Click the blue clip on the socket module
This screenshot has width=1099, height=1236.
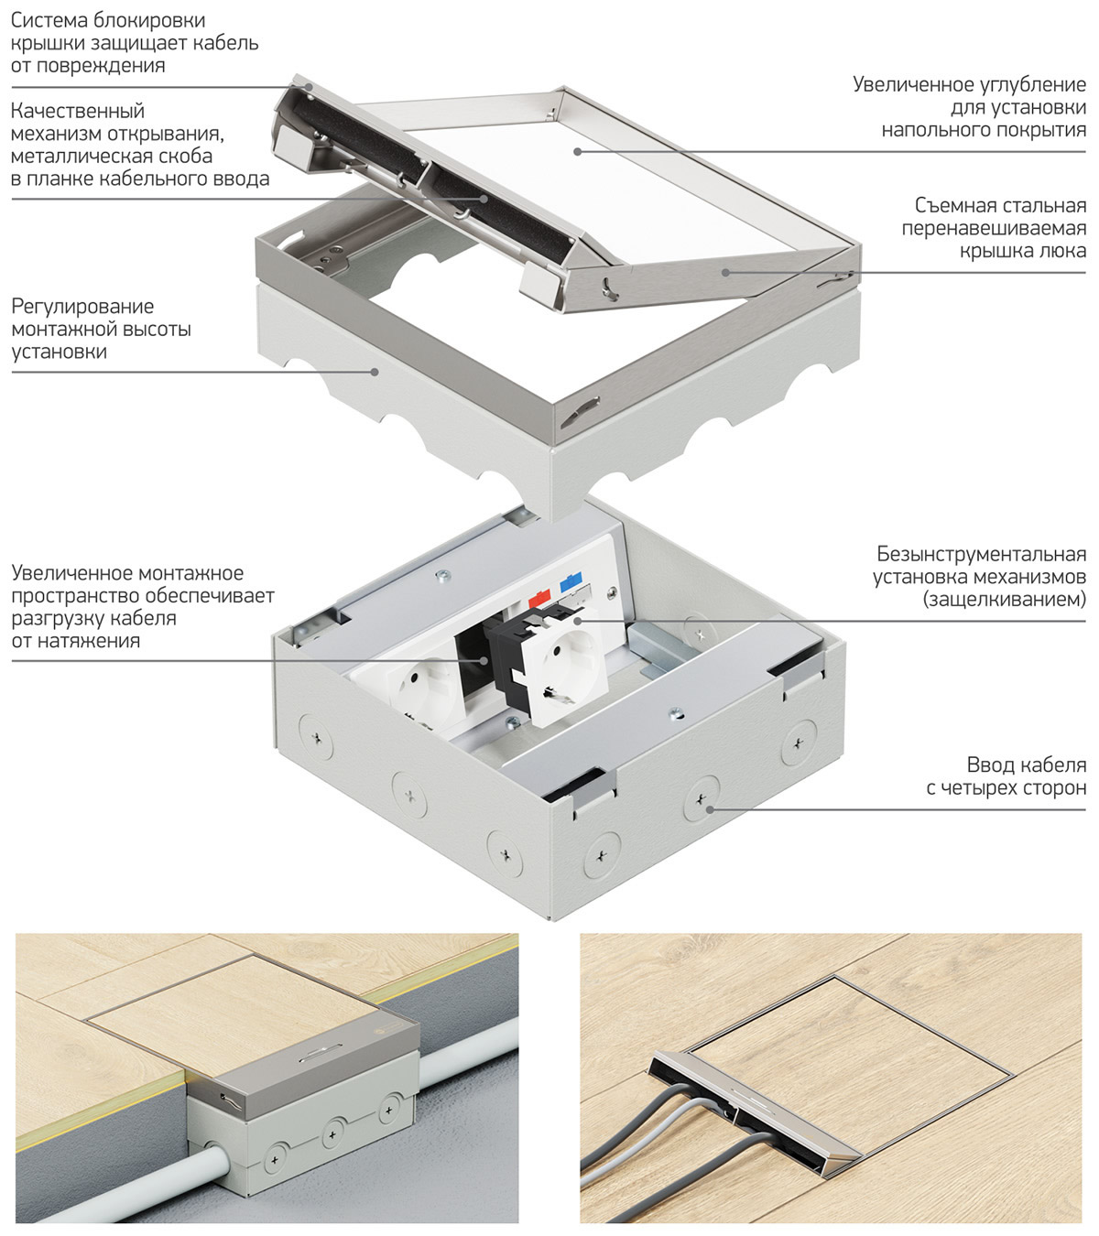[569, 580]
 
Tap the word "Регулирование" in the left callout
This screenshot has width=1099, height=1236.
[82, 307]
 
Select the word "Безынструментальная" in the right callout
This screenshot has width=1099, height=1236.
[981, 555]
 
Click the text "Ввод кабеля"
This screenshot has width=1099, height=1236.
[1026, 765]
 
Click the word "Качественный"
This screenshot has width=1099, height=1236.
[78, 112]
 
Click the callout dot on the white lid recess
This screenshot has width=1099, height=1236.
[578, 150]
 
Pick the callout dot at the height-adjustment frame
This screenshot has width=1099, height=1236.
[375, 371]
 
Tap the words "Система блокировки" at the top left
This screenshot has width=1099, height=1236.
[108, 20]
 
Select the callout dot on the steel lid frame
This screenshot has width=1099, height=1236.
[724, 271]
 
